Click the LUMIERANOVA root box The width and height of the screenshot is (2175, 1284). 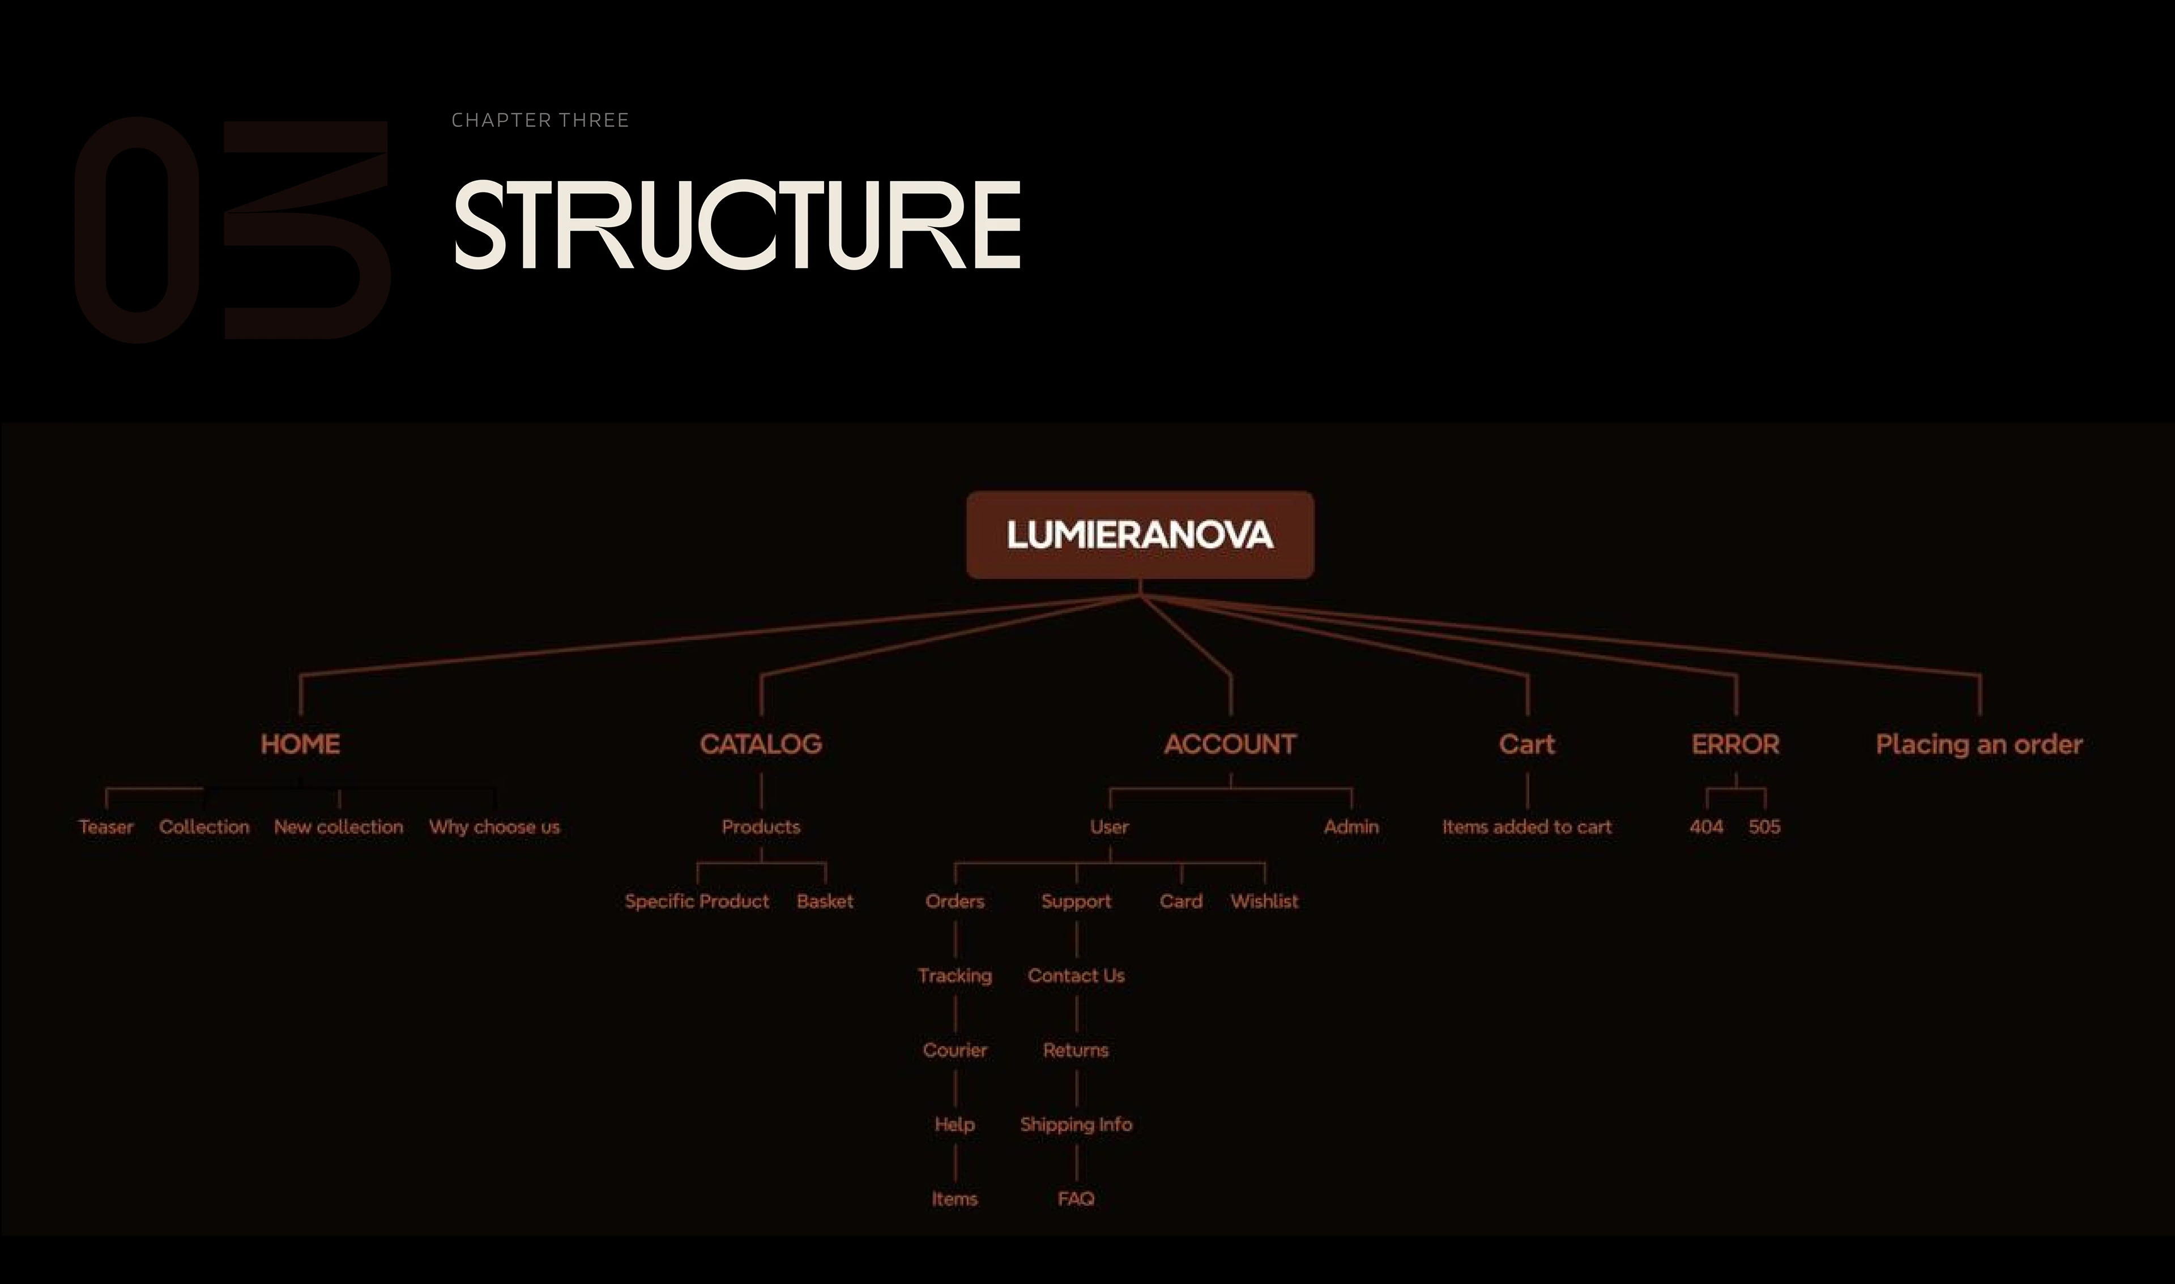point(1140,535)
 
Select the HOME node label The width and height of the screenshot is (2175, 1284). point(300,744)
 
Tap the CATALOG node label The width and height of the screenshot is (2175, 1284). point(761,744)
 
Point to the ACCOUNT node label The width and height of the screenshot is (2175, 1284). point(1230,744)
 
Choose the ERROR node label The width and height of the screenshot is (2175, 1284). point(1735,744)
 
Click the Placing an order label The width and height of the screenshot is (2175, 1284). point(1978,744)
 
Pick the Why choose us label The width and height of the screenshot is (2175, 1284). point(494,827)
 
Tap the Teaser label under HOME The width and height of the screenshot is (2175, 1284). point(105,827)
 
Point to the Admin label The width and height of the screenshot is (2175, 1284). point(1350,827)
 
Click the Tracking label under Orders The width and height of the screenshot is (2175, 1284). point(954,976)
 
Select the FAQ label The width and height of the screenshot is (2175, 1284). point(1076,1199)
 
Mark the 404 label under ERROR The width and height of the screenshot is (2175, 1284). point(1706,827)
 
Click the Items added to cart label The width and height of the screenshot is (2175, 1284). point(1526,827)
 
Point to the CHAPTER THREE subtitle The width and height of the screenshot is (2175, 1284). point(540,120)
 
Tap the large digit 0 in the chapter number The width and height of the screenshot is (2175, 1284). point(137,229)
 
